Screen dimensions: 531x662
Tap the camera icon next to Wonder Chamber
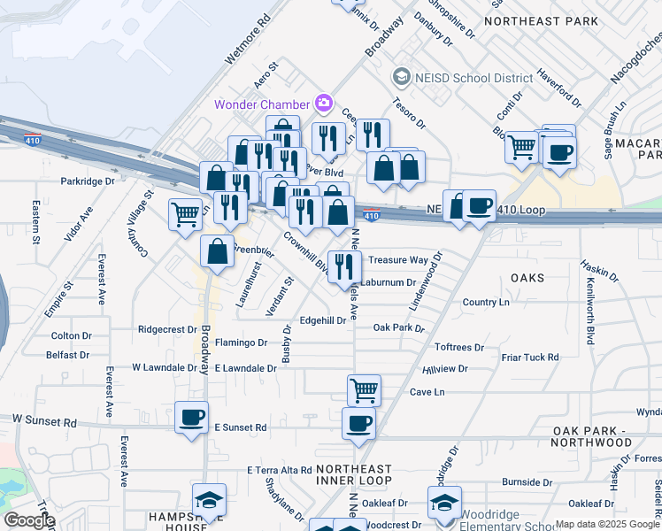[x=323, y=104]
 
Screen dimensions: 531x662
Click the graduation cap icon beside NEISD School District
[x=402, y=78]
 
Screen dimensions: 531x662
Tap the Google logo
[x=29, y=520]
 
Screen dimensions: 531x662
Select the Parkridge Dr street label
[x=88, y=181]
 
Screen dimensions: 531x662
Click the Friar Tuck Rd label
[x=530, y=358]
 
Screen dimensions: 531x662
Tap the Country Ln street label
[x=486, y=303]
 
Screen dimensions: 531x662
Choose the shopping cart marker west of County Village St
[x=185, y=212]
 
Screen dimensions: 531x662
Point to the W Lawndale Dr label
[x=165, y=367]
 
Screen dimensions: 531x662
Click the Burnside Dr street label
[x=527, y=483]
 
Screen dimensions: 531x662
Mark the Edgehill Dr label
[x=323, y=320]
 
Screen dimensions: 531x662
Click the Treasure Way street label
[x=398, y=260]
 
